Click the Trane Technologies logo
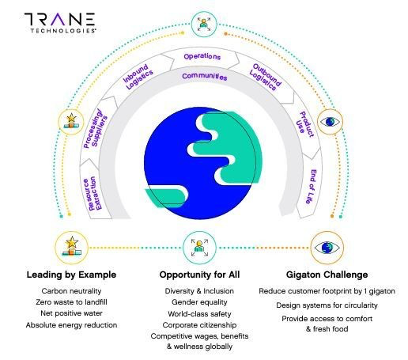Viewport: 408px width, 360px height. tap(60, 23)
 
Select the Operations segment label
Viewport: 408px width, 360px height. tap(202, 56)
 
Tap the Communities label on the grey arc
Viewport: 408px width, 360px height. tap(205, 77)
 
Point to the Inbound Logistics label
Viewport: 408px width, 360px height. tap(138, 76)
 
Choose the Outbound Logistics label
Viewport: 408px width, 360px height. tap(266, 77)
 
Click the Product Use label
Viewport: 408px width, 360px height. tap(306, 124)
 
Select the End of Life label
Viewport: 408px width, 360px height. tap(311, 187)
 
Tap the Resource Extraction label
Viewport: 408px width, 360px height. tap(93, 194)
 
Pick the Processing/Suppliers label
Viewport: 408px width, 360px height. tap(96, 128)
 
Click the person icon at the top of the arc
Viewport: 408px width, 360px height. tap(204, 25)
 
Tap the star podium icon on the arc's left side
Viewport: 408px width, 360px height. tap(71, 122)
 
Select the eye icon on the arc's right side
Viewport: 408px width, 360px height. tap(330, 122)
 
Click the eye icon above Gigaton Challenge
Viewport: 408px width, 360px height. tap(327, 248)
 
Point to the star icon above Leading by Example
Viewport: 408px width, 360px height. tap(71, 248)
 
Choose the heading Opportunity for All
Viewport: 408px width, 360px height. tap(199, 275)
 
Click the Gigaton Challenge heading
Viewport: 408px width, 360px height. tap(327, 275)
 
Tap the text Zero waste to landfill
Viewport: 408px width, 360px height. tap(71, 302)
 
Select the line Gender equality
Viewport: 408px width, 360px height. tap(199, 302)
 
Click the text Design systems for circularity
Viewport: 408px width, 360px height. tap(327, 305)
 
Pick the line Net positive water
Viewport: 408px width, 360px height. tap(71, 313)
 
